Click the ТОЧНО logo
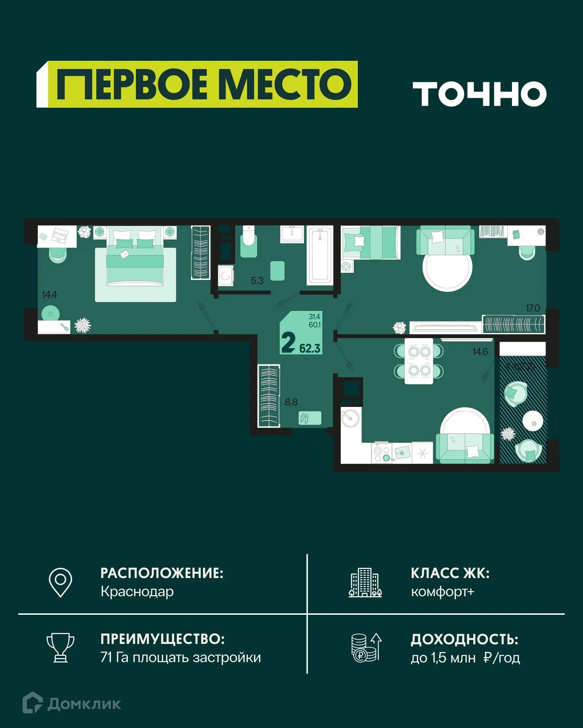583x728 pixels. [479, 94]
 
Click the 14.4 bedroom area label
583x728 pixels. [49, 294]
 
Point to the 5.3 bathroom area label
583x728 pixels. [257, 281]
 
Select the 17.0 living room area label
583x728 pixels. [532, 308]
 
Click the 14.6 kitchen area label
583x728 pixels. [480, 352]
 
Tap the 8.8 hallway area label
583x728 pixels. [291, 402]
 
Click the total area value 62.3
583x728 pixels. [310, 348]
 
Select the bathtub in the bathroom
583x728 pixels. [320, 255]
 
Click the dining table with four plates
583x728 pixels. [419, 361]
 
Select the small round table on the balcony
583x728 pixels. [533, 421]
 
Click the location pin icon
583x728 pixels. [60, 582]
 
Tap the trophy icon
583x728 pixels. [60, 648]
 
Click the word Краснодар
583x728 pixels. [137, 592]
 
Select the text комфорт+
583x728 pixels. [442, 592]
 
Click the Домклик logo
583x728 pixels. [72, 704]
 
